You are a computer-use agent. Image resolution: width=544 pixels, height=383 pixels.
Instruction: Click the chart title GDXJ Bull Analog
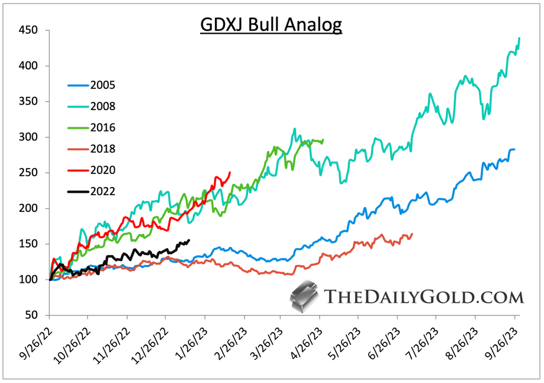pyautogui.click(x=271, y=25)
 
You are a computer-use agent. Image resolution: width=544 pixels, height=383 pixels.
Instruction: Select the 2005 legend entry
pyautogui.click(x=102, y=85)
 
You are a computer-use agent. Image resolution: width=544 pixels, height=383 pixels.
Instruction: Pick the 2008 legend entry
pyautogui.click(x=102, y=107)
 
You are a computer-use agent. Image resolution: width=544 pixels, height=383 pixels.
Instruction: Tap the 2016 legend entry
pyautogui.click(x=102, y=128)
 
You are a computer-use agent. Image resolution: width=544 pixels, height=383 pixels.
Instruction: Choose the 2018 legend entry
pyautogui.click(x=102, y=149)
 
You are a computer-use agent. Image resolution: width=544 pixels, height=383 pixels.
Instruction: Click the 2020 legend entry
pyautogui.click(x=102, y=170)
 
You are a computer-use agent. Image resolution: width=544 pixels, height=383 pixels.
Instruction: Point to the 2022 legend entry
pyautogui.click(x=102, y=191)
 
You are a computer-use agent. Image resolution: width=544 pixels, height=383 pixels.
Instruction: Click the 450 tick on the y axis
pyautogui.click(x=28, y=30)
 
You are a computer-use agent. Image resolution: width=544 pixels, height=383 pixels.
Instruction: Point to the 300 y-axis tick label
pyautogui.click(x=28, y=137)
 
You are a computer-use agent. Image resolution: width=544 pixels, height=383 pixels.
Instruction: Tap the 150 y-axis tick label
pyautogui.click(x=28, y=244)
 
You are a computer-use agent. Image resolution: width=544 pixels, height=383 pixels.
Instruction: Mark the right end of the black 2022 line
pyautogui.click(x=189, y=240)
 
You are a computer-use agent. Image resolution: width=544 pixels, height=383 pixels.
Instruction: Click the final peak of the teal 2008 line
pyautogui.click(x=519, y=38)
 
